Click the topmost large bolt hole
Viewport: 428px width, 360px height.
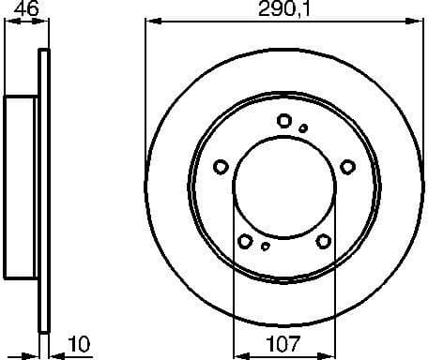pos(284,120)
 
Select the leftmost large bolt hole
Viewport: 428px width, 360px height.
pos(222,167)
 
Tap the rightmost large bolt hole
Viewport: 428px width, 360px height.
pos(348,167)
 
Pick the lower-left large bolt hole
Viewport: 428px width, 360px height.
pos(245,241)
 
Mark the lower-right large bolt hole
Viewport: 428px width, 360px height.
pos(324,241)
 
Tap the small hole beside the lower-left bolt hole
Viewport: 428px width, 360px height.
pos(265,247)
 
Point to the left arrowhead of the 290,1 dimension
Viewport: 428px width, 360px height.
pos(151,22)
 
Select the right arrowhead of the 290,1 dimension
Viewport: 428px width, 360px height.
pos(418,22)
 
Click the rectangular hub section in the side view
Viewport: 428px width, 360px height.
pos(21,187)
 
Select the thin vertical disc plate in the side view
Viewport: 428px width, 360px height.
pos(41,187)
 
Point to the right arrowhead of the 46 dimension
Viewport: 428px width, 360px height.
pos(41,22)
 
